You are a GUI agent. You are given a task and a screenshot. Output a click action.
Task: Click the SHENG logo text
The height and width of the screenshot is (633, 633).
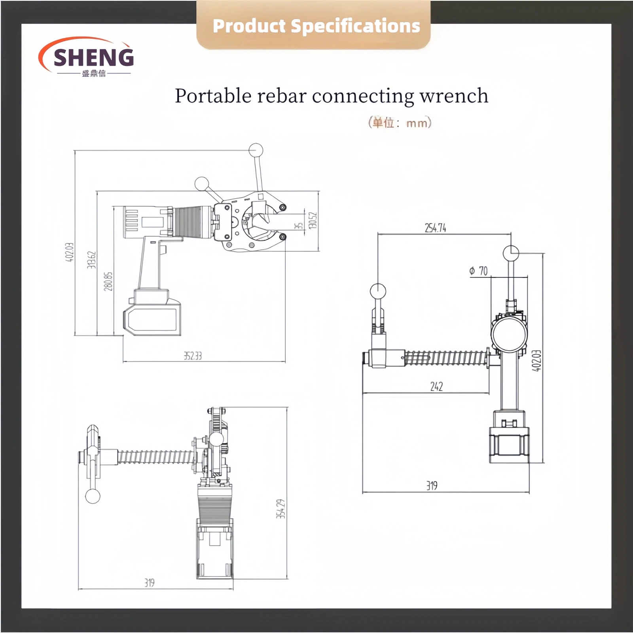(93, 57)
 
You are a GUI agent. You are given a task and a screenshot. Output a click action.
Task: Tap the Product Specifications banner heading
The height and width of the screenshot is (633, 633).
(316, 26)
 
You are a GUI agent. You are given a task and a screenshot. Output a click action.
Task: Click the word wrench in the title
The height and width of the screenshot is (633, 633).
(454, 96)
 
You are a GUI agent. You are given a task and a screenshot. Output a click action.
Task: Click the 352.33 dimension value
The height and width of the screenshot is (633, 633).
(193, 356)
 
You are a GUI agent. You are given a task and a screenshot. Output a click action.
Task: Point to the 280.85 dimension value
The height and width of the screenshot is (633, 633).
(108, 281)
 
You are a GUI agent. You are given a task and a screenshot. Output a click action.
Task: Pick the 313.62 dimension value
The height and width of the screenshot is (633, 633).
(91, 260)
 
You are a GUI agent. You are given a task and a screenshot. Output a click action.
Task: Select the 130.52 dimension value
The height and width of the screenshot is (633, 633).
(313, 220)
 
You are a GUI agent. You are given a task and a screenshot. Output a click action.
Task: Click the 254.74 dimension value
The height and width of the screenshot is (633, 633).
(435, 228)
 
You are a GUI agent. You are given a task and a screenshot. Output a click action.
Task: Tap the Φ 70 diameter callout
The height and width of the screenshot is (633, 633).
(478, 271)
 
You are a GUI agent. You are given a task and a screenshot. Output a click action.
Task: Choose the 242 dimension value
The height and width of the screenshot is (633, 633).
(436, 387)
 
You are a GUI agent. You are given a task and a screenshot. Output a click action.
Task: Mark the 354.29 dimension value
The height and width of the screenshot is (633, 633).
(280, 509)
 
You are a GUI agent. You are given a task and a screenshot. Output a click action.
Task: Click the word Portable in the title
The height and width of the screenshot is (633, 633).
(213, 96)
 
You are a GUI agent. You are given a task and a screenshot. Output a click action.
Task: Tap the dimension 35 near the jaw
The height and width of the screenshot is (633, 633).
(299, 226)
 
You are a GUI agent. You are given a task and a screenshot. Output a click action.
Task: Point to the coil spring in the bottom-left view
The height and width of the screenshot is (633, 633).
(156, 457)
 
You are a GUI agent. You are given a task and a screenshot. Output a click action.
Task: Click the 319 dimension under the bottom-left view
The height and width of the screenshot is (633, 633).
(149, 583)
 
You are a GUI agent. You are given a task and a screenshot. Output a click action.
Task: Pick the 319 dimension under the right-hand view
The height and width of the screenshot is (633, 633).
(432, 485)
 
